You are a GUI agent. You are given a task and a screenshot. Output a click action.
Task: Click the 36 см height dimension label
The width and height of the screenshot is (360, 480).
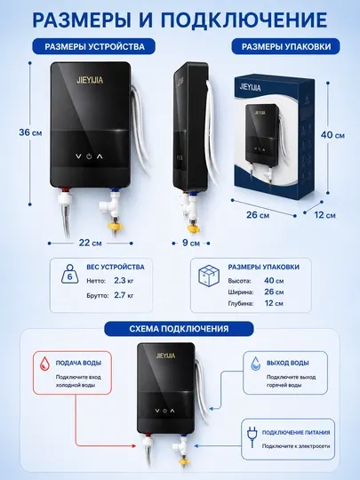pyautogui.click(x=30, y=132)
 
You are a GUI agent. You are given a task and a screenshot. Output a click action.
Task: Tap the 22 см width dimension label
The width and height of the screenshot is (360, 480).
pyautogui.click(x=91, y=243)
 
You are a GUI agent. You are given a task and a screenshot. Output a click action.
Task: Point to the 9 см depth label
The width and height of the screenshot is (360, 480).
pyautogui.click(x=191, y=243)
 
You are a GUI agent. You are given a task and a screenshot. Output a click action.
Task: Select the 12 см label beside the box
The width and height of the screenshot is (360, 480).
pyautogui.click(x=324, y=215)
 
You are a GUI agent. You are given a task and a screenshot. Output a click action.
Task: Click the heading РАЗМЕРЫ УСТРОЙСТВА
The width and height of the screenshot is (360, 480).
pyautogui.click(x=94, y=46)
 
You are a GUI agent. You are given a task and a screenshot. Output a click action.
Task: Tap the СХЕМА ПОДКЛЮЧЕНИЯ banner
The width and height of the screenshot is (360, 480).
pyautogui.click(x=179, y=329)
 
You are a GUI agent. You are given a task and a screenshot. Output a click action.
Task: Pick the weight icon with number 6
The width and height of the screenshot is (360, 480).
pyautogui.click(x=70, y=274)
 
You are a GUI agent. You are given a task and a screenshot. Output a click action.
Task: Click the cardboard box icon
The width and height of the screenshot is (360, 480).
pyautogui.click(x=209, y=276)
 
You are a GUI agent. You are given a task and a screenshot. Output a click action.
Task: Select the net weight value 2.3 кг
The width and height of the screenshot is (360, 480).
pyautogui.click(x=124, y=280)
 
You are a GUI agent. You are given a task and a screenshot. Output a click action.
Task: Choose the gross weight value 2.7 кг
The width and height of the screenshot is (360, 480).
pyautogui.click(x=124, y=295)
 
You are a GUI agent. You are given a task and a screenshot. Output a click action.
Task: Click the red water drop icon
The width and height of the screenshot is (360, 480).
pyautogui.click(x=45, y=364)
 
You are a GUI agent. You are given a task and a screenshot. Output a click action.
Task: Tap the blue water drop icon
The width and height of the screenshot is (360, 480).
pyautogui.click(x=256, y=363)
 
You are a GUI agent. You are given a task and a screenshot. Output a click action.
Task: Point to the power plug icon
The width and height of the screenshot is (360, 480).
pyautogui.click(x=252, y=437)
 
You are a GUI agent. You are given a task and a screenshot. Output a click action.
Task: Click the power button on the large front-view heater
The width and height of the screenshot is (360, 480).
pyautogui.click(x=89, y=156)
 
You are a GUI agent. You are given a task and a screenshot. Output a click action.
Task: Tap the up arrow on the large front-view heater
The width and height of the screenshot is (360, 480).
pyautogui.click(x=100, y=156)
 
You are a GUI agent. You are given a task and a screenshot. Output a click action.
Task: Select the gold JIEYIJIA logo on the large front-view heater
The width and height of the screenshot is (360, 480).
pyautogui.click(x=90, y=80)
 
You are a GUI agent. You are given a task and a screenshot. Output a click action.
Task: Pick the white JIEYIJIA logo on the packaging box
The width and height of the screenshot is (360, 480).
pyautogui.click(x=251, y=87)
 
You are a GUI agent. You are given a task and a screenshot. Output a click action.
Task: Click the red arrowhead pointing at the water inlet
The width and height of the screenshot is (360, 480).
pyautogui.click(x=133, y=446)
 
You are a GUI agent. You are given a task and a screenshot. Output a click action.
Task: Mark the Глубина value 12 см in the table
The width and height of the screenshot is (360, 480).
pyautogui.click(x=274, y=303)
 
